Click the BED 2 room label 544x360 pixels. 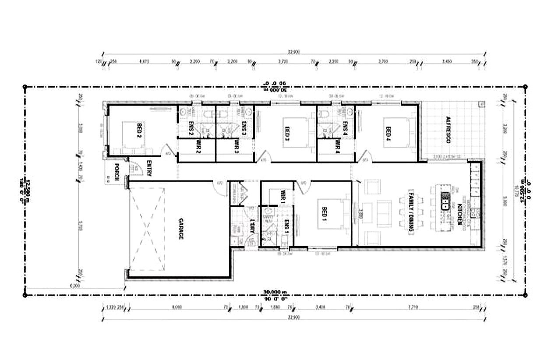pos(139,131)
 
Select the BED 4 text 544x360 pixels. pos(388,133)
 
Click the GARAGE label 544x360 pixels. pos(180,229)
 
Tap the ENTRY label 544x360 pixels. pos(149,167)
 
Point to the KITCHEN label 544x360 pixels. pos(460,215)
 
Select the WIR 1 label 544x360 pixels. pos(283,196)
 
